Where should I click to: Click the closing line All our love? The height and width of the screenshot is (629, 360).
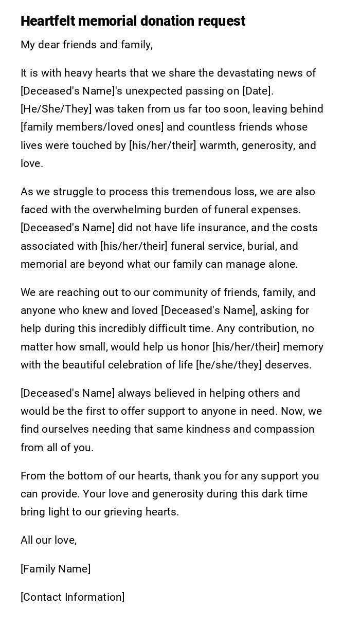(48, 540)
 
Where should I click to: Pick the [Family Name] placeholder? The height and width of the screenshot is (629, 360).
(56, 569)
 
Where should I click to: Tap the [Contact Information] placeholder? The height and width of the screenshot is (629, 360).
(73, 597)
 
